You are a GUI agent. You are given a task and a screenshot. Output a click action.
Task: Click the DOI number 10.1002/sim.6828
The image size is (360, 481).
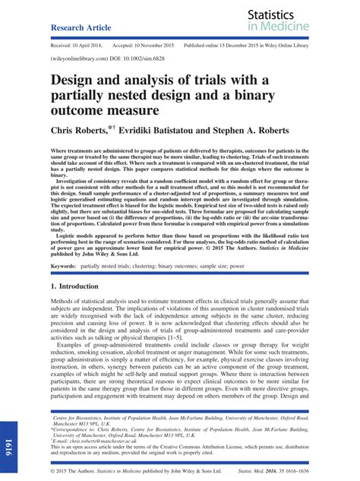tap(137, 58)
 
